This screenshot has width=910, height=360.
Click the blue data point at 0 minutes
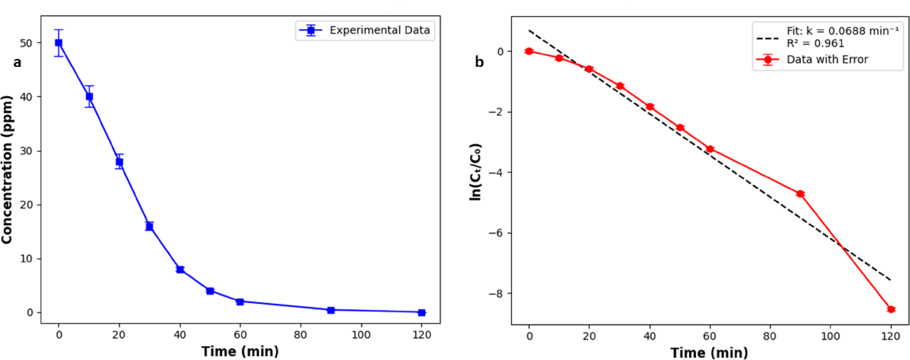59,43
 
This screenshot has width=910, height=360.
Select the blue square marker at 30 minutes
150,226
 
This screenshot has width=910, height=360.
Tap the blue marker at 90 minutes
331,310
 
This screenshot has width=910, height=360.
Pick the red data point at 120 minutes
891,309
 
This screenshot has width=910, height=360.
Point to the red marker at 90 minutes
801,194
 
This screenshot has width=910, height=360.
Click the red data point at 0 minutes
529,51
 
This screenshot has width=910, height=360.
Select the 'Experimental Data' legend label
379,30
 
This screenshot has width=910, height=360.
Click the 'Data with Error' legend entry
827,59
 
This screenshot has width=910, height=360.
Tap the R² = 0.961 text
815,44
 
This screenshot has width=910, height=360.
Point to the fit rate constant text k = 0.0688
842,31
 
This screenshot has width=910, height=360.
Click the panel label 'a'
17,62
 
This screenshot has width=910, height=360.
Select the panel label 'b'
479,62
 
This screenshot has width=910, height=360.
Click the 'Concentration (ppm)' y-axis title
7,170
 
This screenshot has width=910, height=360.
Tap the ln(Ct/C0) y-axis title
476,172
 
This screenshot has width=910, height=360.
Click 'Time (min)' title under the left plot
240,351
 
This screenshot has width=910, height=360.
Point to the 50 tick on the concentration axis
26,43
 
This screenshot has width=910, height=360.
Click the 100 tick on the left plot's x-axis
361,335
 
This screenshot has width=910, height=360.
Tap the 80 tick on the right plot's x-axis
770,336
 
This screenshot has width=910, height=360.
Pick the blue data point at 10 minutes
89,97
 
